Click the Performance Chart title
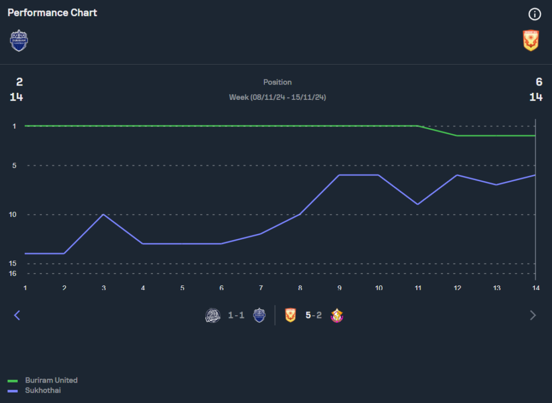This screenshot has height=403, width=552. tap(52, 12)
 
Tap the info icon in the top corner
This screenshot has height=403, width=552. tap(534, 14)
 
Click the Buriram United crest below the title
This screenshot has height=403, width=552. tap(19, 40)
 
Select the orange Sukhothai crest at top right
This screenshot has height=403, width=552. tap(530, 40)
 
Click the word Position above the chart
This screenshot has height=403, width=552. tap(277, 82)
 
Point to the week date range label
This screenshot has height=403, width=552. tap(277, 97)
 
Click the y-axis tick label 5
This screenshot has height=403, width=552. tap(14, 165)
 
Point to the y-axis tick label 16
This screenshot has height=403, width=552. tap(13, 273)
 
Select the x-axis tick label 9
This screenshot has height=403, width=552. tap(339, 288)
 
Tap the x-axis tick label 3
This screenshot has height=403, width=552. tap(103, 288)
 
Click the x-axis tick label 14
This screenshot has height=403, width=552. tap(535, 288)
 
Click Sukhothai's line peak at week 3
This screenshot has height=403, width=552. tap(103, 214)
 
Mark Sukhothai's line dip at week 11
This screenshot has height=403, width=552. tap(418, 204)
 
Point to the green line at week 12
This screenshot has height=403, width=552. tap(457, 135)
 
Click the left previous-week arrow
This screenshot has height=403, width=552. tap(17, 315)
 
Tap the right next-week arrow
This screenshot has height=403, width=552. tap(533, 315)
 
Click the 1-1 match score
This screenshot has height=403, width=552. tap(236, 315)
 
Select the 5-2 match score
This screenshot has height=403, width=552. tap(314, 315)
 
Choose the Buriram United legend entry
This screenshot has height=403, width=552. tap(51, 380)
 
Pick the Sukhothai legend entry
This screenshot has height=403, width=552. tap(43, 390)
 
